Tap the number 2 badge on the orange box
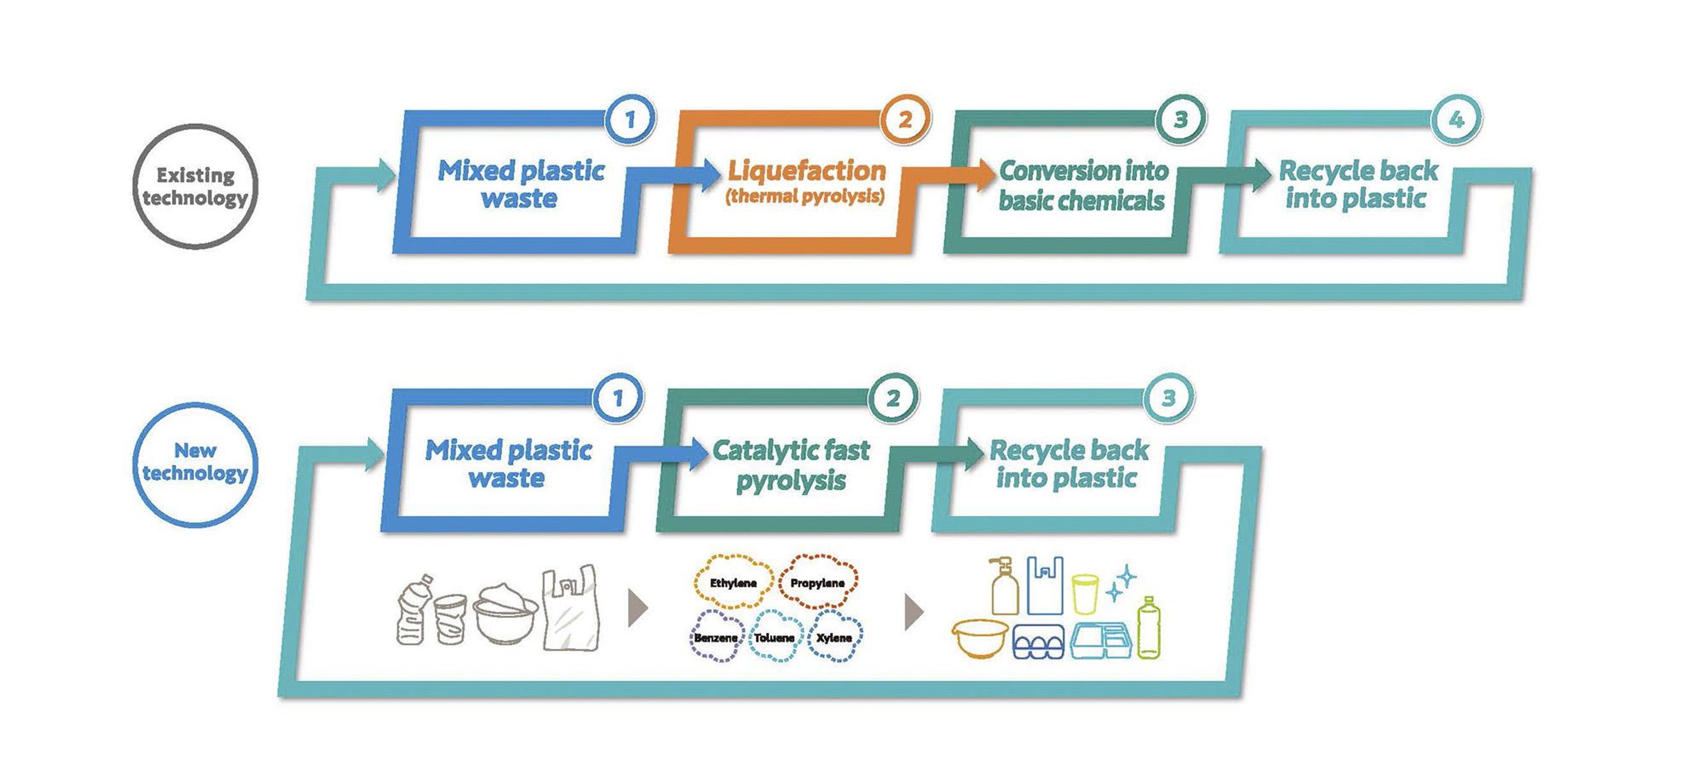click(904, 120)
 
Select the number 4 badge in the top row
click(1456, 120)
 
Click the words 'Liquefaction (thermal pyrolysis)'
click(806, 180)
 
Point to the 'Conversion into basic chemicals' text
click(1082, 185)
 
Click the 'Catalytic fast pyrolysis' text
click(791, 464)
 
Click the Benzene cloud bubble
click(716, 637)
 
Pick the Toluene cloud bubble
click(774, 637)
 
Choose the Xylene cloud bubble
click(834, 637)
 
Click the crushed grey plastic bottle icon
click(413, 611)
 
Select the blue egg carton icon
click(1039, 641)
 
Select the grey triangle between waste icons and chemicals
click(637, 609)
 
